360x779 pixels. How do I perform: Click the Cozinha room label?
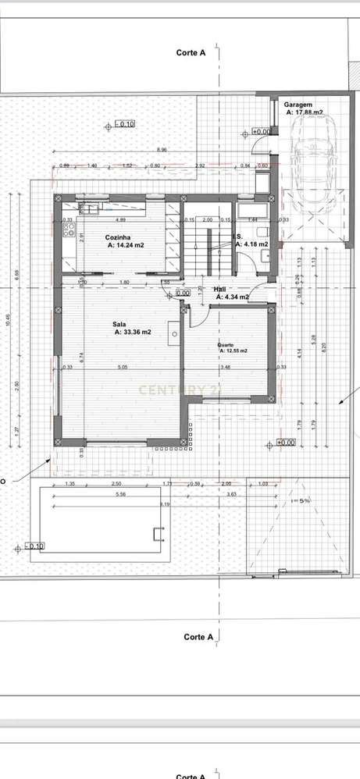[122, 237]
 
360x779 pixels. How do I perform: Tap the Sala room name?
[119, 323]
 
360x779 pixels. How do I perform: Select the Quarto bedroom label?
[229, 343]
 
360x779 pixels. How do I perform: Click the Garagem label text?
[298, 104]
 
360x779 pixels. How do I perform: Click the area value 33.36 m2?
[133, 332]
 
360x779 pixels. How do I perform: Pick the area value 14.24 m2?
[126, 245]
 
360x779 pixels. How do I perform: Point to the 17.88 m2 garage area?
[303, 112]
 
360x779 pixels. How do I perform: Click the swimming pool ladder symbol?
[159, 534]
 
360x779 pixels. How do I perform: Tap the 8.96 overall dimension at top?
[162, 149]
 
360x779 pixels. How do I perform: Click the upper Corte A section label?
[191, 53]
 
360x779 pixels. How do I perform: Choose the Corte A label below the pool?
[198, 637]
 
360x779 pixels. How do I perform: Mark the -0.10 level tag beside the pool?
[35, 546]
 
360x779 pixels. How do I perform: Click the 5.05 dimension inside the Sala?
[122, 367]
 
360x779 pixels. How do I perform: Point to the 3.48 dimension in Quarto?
[226, 367]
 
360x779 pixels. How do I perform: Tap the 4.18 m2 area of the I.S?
[256, 244]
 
